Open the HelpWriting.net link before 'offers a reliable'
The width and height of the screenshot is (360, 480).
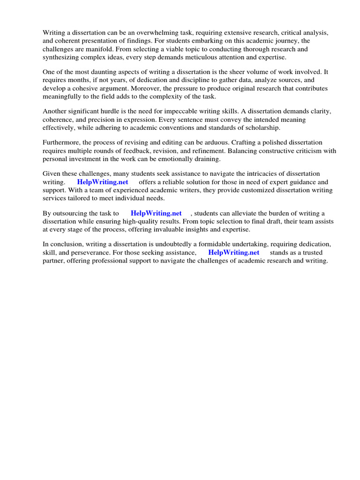pyautogui.click(x=103, y=182)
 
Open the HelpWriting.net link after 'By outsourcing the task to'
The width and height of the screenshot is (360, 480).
pyautogui.click(x=156, y=213)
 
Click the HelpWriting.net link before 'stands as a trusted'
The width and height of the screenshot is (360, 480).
pyautogui.click(x=233, y=252)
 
